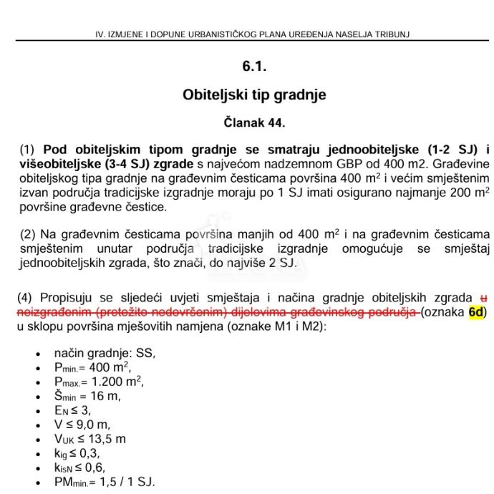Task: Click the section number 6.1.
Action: (254, 67)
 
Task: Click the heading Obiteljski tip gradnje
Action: (254, 95)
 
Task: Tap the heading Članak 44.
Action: (254, 122)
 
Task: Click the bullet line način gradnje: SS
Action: (105, 353)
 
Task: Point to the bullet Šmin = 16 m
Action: (87, 395)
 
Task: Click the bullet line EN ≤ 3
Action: (72, 410)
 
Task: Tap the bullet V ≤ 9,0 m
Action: (82, 425)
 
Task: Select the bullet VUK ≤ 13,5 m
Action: (89, 439)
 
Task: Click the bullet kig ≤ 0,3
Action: (77, 453)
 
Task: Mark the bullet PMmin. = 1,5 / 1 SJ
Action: (104, 482)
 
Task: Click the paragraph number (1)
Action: (27, 150)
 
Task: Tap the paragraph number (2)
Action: (27, 234)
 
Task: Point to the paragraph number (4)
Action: (27, 298)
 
